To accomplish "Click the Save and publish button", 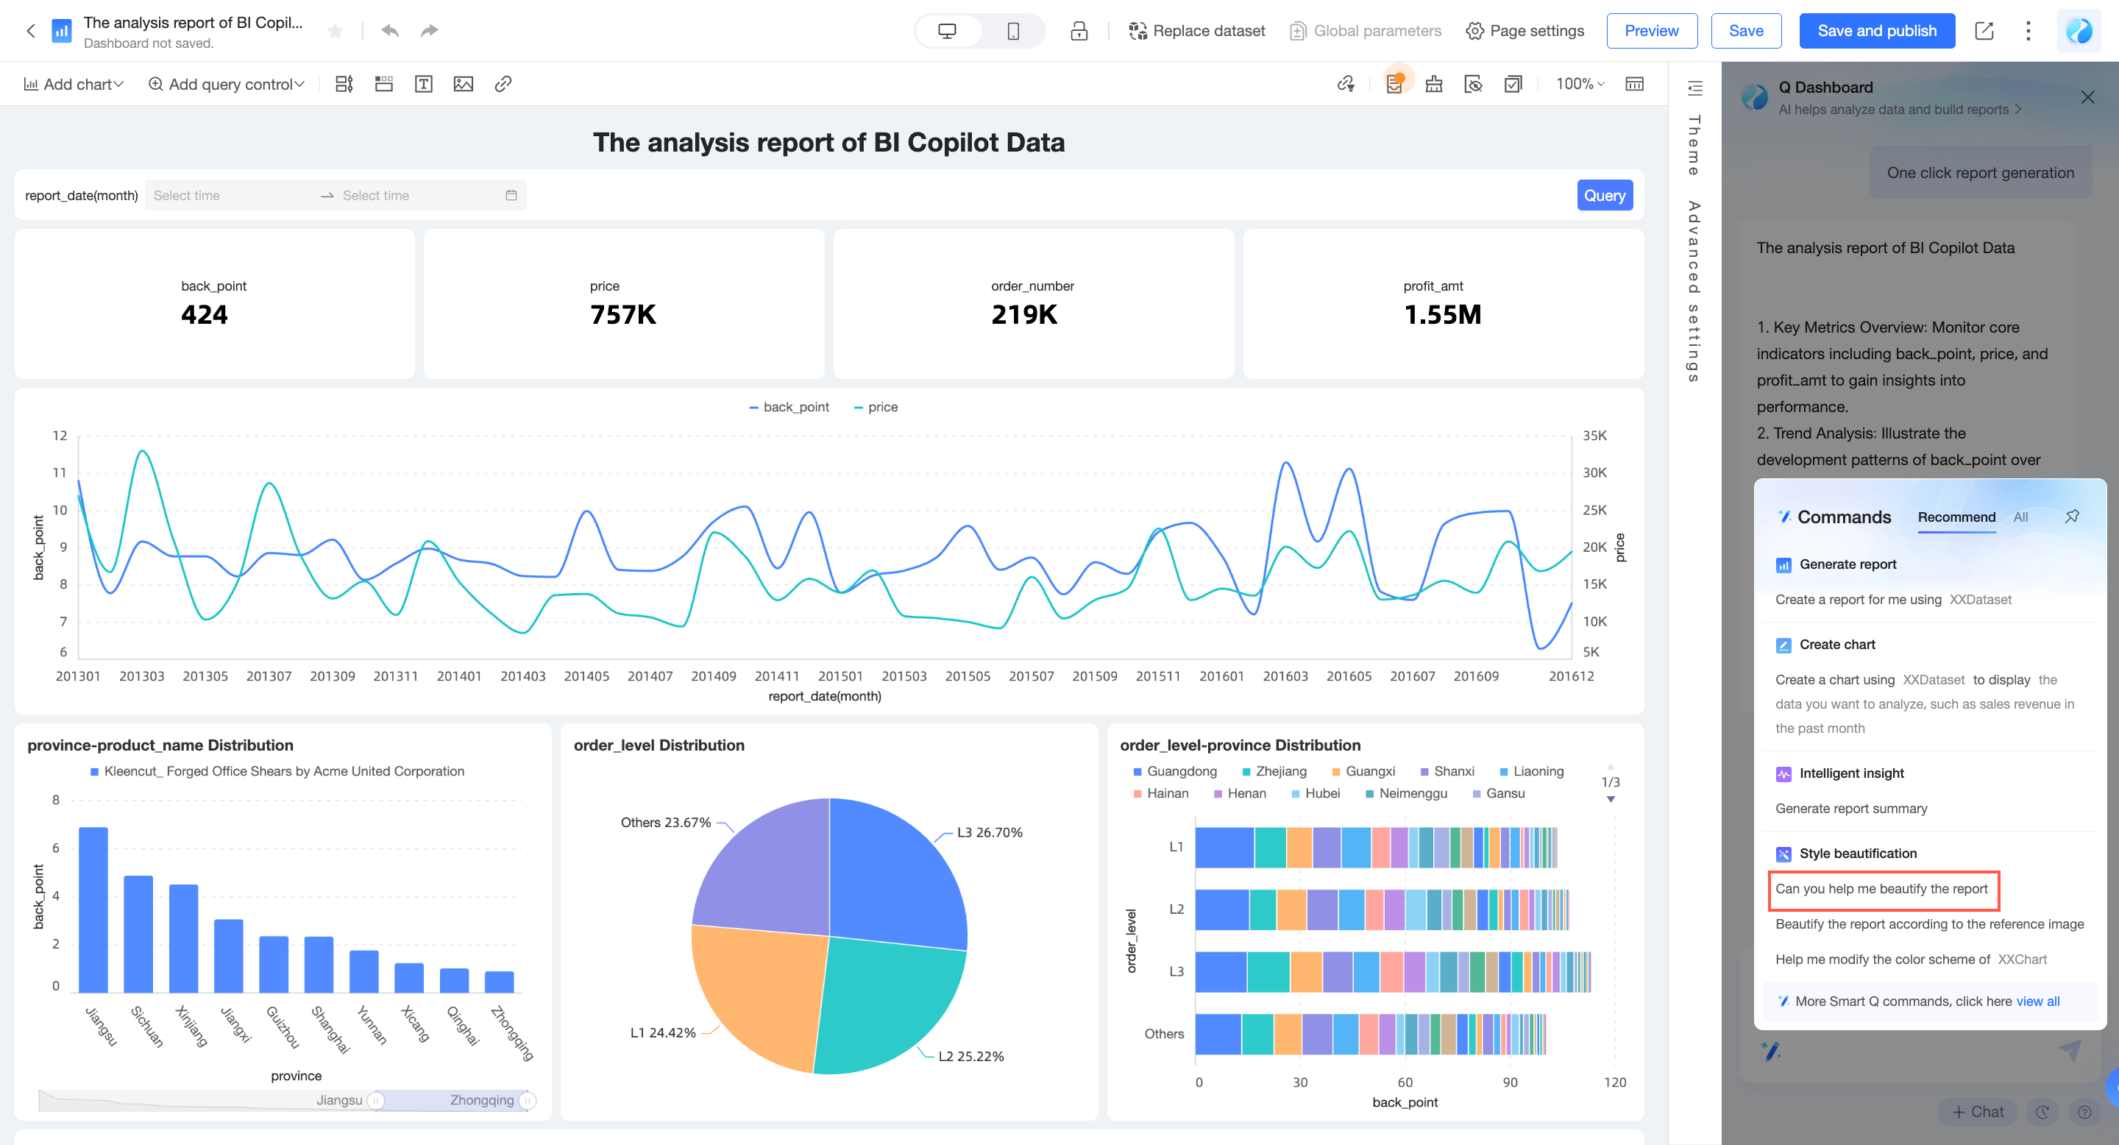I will [x=1876, y=30].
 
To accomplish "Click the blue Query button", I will [x=1604, y=195].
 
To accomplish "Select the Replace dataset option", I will [x=1197, y=30].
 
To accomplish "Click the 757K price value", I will [x=622, y=314].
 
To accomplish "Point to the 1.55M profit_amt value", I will [x=1442, y=314].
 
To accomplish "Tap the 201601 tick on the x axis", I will [x=1221, y=676].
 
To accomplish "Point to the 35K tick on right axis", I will [x=1594, y=436].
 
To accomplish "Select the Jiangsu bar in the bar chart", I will [x=93, y=909].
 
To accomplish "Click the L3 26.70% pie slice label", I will [x=989, y=832].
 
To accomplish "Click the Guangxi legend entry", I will [x=1363, y=772].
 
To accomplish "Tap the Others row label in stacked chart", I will [x=1164, y=1034].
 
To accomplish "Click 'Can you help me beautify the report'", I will [x=1881, y=889].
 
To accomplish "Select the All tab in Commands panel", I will [x=2020, y=517].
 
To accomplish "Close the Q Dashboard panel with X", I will [x=2087, y=98].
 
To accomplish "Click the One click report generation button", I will [x=1980, y=173].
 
